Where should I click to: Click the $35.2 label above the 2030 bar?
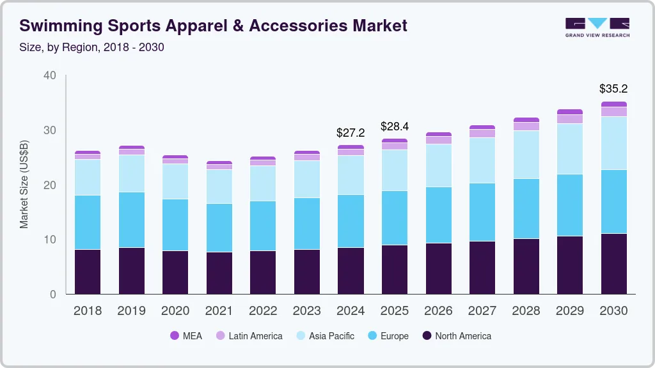tap(613, 89)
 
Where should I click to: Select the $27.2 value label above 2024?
tap(351, 133)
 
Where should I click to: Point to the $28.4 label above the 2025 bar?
tap(395, 126)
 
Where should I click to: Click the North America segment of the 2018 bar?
tap(88, 272)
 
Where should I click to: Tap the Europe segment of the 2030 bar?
tap(613, 201)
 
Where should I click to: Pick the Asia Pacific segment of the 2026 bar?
tap(438, 165)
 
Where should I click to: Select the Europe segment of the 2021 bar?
tap(219, 227)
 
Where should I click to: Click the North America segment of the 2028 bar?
tap(526, 266)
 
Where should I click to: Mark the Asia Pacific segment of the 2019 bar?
tap(131, 173)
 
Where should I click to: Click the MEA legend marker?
tap(175, 336)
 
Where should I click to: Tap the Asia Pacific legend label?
tap(331, 336)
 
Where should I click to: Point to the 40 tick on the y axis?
tap(50, 76)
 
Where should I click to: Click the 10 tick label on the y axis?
tap(50, 240)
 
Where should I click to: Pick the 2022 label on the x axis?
tap(263, 311)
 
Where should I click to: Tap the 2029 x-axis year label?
tap(569, 311)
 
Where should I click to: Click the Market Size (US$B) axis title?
tap(24, 184)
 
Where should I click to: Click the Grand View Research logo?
tap(597, 27)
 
